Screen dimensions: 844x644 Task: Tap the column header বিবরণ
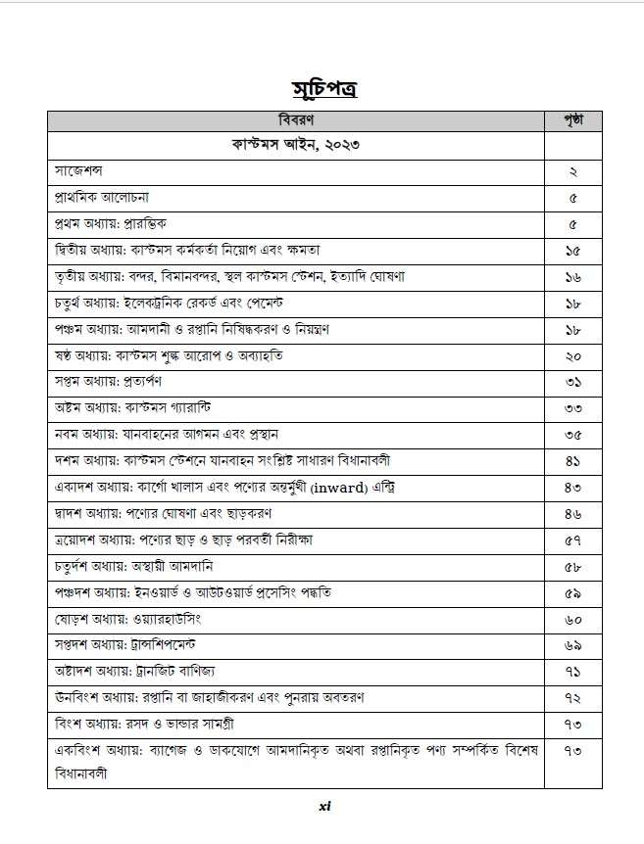click(x=296, y=121)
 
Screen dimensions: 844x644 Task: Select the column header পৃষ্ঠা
click(x=572, y=121)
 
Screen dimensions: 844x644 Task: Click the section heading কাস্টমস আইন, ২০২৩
click(x=296, y=146)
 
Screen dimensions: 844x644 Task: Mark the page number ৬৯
click(x=572, y=645)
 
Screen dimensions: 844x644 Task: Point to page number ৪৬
click(x=572, y=513)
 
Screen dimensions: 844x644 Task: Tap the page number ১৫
click(x=572, y=251)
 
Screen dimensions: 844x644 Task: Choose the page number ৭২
click(x=572, y=699)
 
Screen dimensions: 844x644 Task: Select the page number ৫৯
click(x=572, y=592)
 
